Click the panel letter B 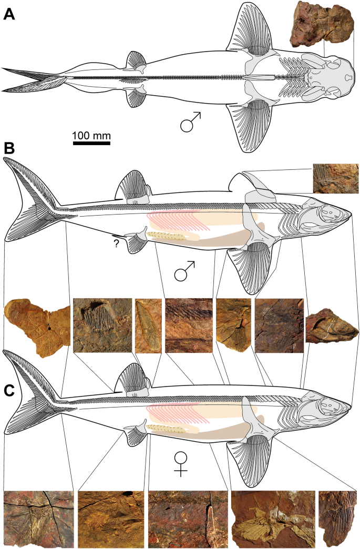click(9, 148)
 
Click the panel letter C click(9, 392)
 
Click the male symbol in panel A click(191, 122)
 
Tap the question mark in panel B click(115, 243)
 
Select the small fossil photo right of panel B click(335, 178)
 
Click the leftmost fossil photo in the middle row click(36, 326)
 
